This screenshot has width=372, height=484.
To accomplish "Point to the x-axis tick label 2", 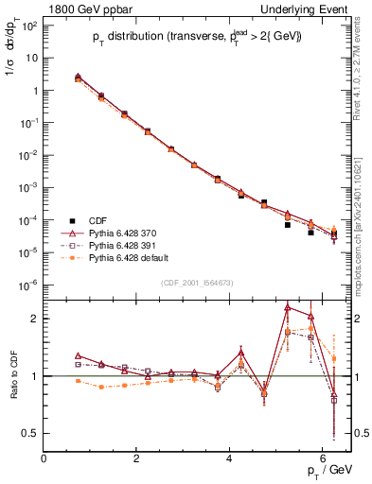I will click(136, 459).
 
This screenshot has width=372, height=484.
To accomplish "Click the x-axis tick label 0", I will click(44, 459).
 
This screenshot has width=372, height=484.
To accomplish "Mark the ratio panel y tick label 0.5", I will click(30, 433).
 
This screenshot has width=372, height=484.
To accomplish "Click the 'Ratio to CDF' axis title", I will click(12, 375).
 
